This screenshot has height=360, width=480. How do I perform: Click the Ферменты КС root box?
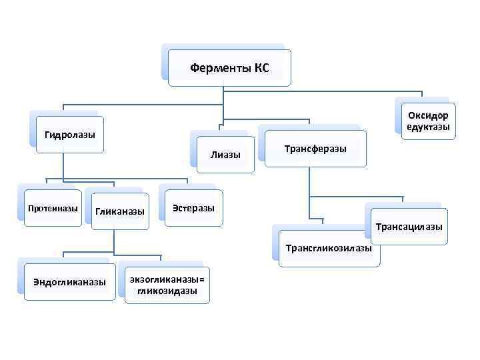pyautogui.click(x=229, y=67)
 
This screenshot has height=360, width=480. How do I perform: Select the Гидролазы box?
pyautogui.click(x=70, y=135)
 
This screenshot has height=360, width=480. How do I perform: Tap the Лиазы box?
pyautogui.click(x=225, y=155)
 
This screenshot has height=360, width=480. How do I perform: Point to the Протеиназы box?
pyautogui.click(x=53, y=209)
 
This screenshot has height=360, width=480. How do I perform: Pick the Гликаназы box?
pyautogui.click(x=120, y=211)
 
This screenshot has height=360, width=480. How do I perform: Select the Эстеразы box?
pyautogui.click(x=193, y=208)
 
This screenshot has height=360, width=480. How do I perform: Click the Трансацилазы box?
pyautogui.click(x=409, y=227)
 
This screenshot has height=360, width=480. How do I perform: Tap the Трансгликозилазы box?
pyautogui.click(x=329, y=248)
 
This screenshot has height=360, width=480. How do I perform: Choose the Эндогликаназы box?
pyautogui.click(x=69, y=282)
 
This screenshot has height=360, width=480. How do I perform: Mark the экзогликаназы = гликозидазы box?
pyautogui.click(x=167, y=285)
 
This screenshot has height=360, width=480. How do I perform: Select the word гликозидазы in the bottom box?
pyautogui.click(x=167, y=291)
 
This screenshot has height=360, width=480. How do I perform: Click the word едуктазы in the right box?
pyautogui.click(x=428, y=127)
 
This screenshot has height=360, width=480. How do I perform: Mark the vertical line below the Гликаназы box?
pyautogui.click(x=115, y=240)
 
